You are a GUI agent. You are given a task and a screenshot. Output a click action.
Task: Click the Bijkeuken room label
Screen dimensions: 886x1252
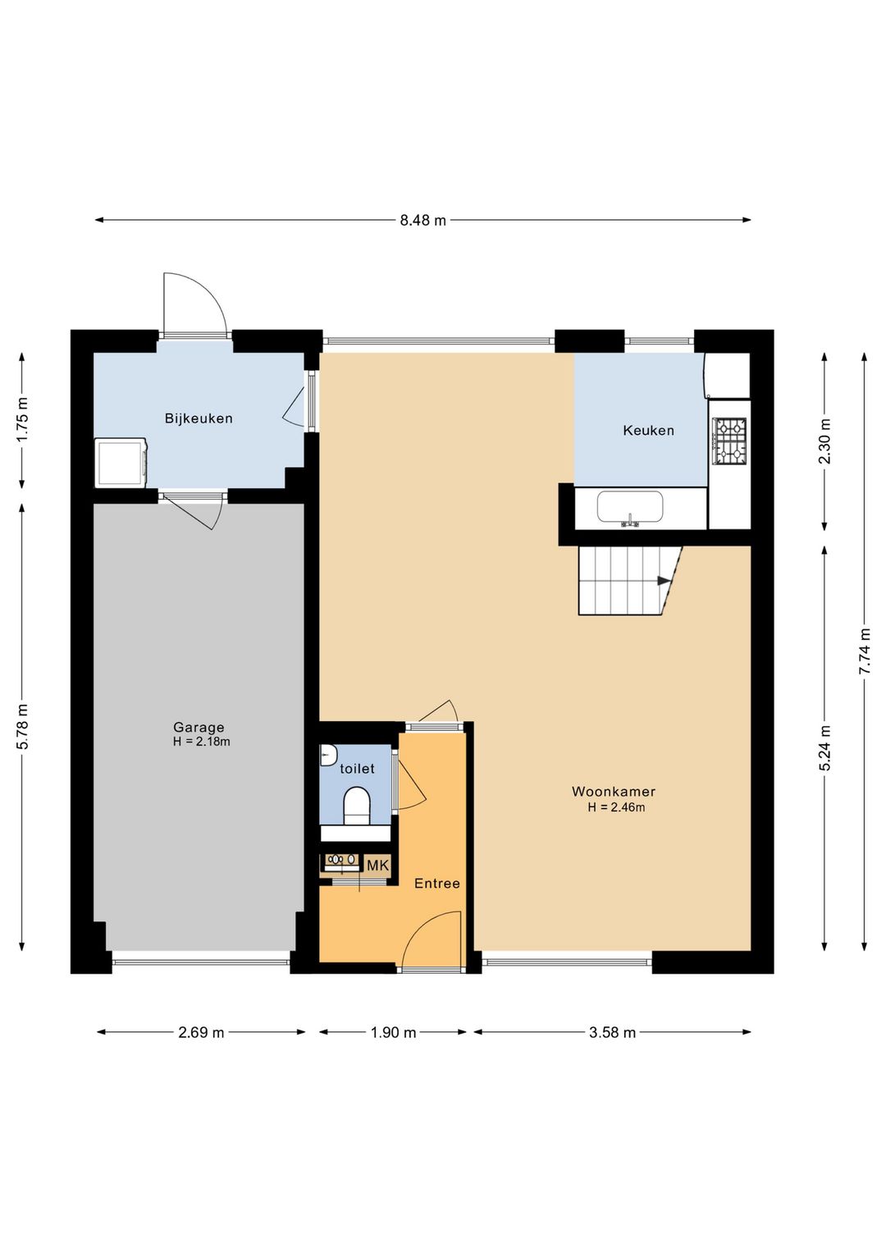[199, 418]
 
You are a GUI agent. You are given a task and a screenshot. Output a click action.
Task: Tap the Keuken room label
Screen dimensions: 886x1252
[648, 431]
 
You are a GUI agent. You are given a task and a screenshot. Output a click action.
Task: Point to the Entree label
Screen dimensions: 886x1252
[437, 883]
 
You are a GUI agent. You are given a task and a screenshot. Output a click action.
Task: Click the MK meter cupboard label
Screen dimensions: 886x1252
[377, 866]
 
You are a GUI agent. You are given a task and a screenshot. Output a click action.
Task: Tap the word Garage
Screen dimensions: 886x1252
[199, 727]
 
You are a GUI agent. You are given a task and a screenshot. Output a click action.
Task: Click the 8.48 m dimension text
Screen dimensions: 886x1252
[423, 220]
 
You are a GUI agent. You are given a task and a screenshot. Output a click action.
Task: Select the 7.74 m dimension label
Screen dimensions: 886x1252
[865, 651]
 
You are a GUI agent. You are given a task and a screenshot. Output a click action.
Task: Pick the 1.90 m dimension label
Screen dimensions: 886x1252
[394, 1032]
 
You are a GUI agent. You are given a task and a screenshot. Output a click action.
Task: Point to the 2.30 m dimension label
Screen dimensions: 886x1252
[824, 441]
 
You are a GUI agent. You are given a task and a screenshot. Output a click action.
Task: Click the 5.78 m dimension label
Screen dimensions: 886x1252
[22, 727]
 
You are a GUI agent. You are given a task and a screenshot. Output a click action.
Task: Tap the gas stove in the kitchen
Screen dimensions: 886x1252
[729, 442]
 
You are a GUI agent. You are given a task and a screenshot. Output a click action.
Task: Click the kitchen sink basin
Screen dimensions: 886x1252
[630, 507]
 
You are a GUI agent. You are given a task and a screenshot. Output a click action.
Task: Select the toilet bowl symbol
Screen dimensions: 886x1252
[357, 806]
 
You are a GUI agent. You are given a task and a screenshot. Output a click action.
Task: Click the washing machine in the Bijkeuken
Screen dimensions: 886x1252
[121, 462]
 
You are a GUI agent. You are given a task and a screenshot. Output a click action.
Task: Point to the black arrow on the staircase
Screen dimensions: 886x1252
[664, 581]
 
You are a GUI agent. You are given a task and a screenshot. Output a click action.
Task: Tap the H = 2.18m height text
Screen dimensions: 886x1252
[202, 742]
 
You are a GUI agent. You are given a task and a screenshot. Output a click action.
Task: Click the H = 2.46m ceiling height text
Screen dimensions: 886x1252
[616, 807]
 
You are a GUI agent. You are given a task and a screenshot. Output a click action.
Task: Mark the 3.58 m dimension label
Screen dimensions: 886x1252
[612, 1032]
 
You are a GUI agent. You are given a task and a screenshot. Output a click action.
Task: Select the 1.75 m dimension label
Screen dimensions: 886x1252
[22, 419]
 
